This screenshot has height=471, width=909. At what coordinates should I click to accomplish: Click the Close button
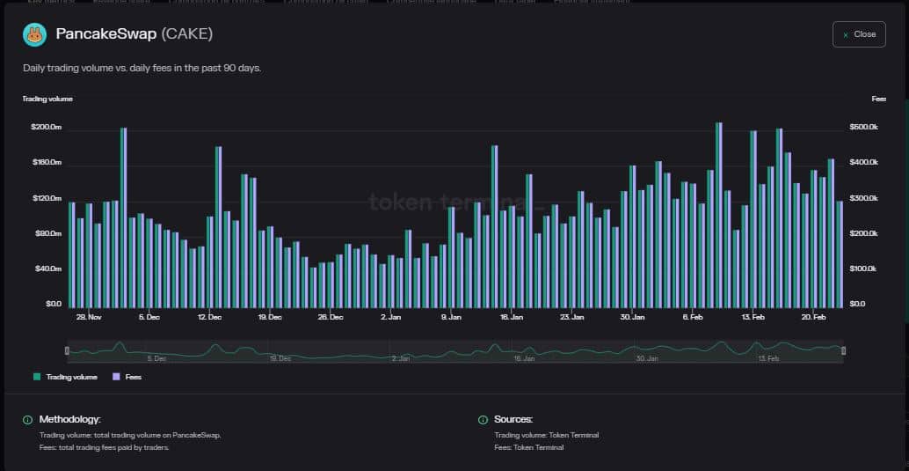859,34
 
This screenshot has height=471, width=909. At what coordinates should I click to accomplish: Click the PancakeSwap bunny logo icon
35,35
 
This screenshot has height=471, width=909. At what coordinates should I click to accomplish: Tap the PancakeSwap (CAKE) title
135,34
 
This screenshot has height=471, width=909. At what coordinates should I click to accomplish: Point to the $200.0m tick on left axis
46,128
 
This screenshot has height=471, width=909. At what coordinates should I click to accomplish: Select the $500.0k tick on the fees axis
865,128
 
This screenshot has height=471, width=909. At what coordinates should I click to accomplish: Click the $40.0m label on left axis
47,269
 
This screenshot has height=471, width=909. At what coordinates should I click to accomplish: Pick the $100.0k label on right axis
865,269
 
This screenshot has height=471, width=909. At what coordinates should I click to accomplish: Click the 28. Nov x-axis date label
89,316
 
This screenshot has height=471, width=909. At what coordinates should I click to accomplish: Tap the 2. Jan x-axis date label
390,316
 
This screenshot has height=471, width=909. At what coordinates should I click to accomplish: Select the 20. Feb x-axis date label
813,316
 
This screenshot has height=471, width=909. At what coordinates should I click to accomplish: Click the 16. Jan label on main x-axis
511,316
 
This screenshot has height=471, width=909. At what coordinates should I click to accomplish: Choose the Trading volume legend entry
67,377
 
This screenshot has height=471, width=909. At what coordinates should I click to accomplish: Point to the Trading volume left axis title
47,99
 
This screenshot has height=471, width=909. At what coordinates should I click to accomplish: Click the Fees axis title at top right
879,99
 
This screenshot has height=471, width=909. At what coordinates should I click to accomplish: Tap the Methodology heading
69,420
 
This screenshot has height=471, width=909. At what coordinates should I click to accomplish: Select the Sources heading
513,420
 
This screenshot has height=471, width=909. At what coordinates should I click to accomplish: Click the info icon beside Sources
483,420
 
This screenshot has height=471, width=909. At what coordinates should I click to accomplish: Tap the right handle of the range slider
843,351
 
